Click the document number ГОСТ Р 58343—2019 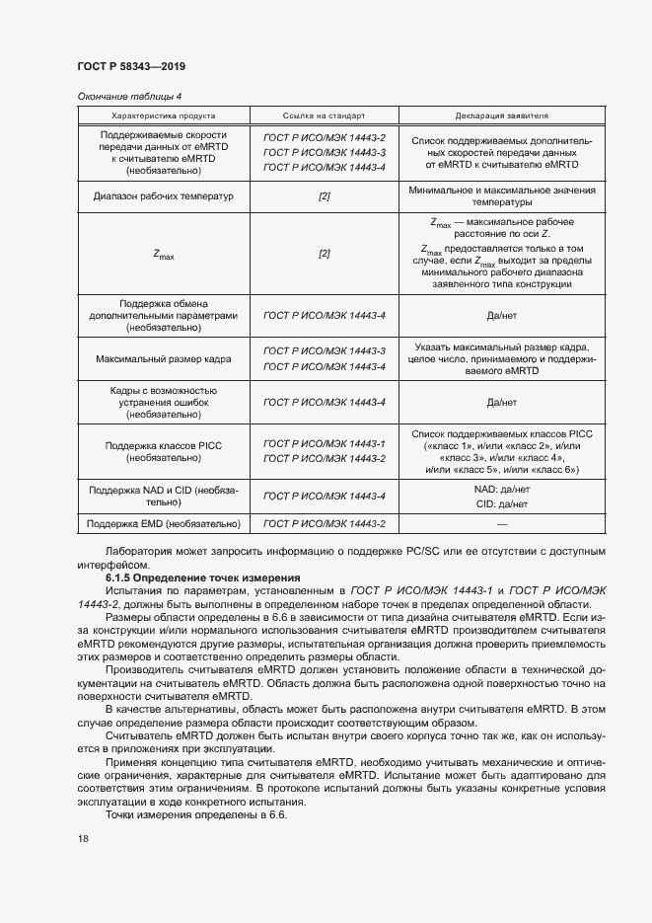[x=131, y=66]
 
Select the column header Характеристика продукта [x=163, y=115]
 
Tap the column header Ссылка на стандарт [x=324, y=115]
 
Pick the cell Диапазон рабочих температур [x=163, y=196]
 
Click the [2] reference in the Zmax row [x=324, y=254]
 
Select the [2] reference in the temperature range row [x=324, y=196]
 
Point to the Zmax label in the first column [x=163, y=255]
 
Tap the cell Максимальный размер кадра [x=163, y=359]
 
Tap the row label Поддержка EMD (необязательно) [x=163, y=523]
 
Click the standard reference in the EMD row [x=324, y=523]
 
